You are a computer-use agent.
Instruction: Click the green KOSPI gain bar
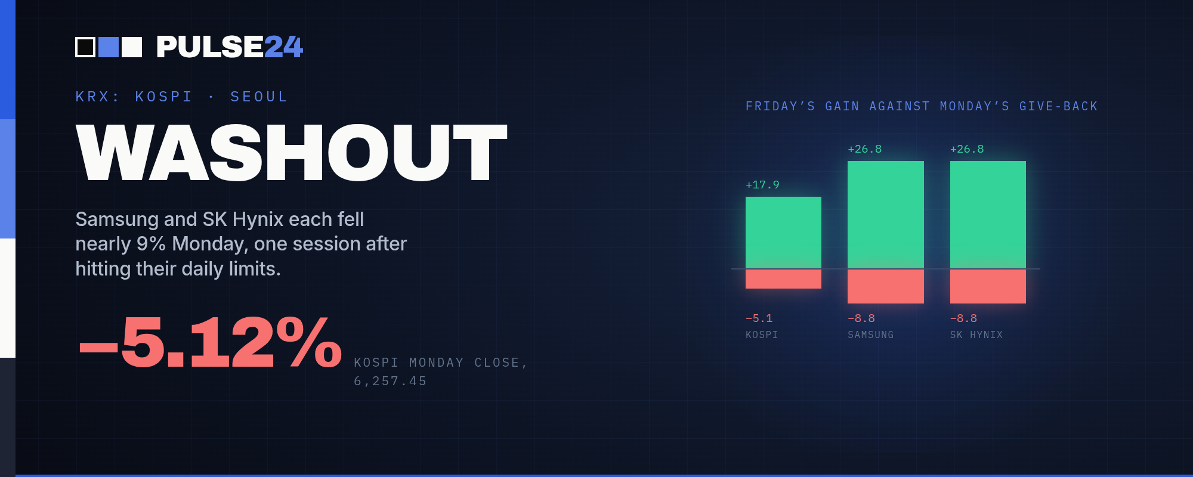[x=783, y=233]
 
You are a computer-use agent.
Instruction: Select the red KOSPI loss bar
[x=783, y=278]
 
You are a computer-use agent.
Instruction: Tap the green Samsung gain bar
[x=886, y=215]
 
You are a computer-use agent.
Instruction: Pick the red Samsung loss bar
[x=886, y=286]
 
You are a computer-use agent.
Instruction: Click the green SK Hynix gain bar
[x=988, y=215]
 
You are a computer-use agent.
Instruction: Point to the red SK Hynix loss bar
[x=988, y=286]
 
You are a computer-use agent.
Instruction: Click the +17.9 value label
[x=762, y=185]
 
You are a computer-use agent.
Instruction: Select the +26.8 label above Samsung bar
[x=865, y=149]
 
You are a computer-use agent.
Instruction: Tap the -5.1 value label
[x=759, y=318]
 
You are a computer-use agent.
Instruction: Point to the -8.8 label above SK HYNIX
[x=964, y=318]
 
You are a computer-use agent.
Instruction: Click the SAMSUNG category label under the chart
[x=871, y=335]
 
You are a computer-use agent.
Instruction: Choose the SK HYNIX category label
[x=976, y=335]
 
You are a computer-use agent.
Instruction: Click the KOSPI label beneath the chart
[x=762, y=335]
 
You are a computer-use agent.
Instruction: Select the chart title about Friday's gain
[x=922, y=106]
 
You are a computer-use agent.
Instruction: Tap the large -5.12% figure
[x=211, y=342]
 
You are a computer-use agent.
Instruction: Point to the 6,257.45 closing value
[x=390, y=381]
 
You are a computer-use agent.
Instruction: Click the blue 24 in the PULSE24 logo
[x=283, y=47]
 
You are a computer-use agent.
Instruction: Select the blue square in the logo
[x=109, y=47]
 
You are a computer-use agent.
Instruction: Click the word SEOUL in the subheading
[x=259, y=97]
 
